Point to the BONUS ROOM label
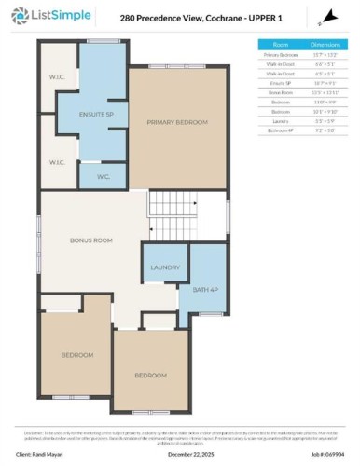(x=91, y=240)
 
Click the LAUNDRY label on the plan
(x=165, y=267)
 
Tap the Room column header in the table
(x=281, y=44)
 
